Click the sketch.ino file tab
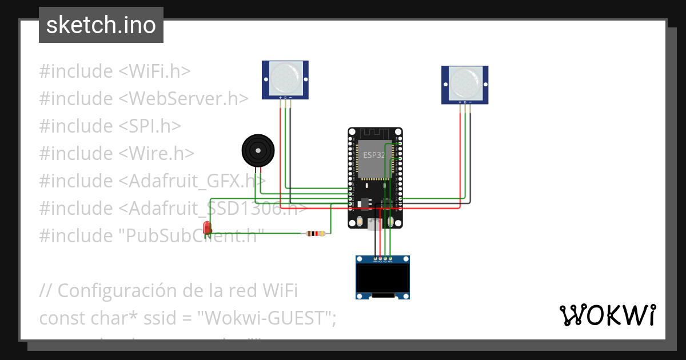pyautogui.click(x=101, y=25)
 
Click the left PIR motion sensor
pyautogui.click(x=285, y=80)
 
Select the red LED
pyautogui.click(x=208, y=228)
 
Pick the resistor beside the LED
pyautogui.click(x=316, y=233)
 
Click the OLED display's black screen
pyautogui.click(x=382, y=277)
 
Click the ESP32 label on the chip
pyautogui.click(x=374, y=155)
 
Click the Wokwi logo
pyautogui.click(x=607, y=315)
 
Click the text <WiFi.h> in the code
pyautogui.click(x=154, y=71)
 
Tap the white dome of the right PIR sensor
pyautogui.click(x=465, y=82)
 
